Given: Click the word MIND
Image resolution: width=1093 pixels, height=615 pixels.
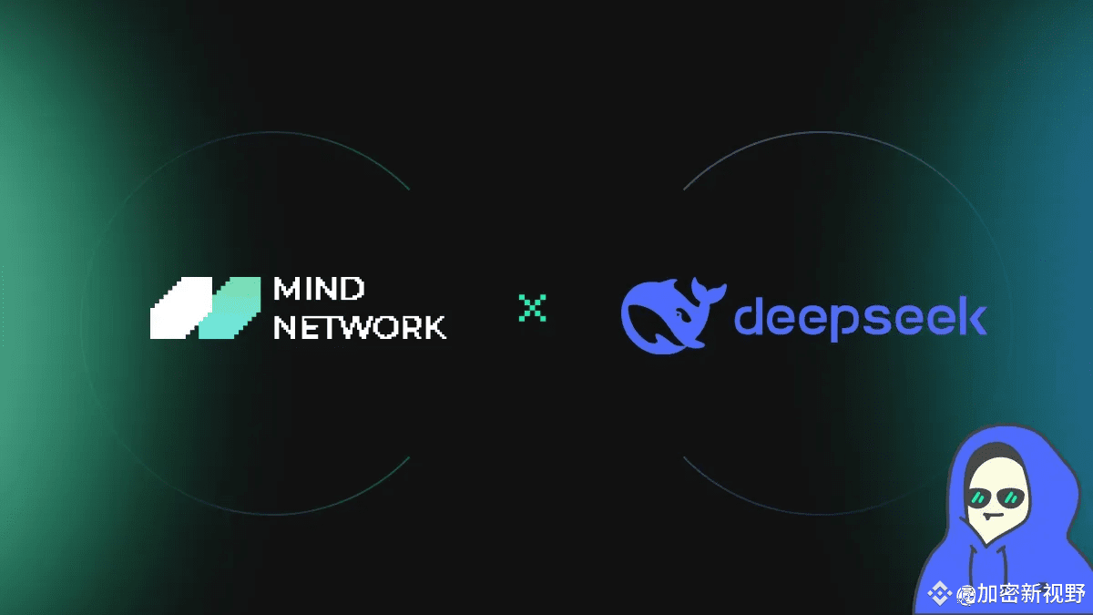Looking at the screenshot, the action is (x=319, y=289).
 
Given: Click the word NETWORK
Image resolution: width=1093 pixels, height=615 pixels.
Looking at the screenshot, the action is (x=360, y=327).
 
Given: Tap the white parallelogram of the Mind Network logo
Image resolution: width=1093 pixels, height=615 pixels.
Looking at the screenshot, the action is (x=181, y=308).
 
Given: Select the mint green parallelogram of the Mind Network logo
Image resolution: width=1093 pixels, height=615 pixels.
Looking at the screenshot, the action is (x=230, y=308).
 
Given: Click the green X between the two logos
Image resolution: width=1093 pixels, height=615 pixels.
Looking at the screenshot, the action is (x=532, y=308).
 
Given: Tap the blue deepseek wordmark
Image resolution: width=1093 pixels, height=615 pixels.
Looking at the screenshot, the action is (x=861, y=318).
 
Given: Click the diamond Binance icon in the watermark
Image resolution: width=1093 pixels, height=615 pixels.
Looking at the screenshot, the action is (x=939, y=594).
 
